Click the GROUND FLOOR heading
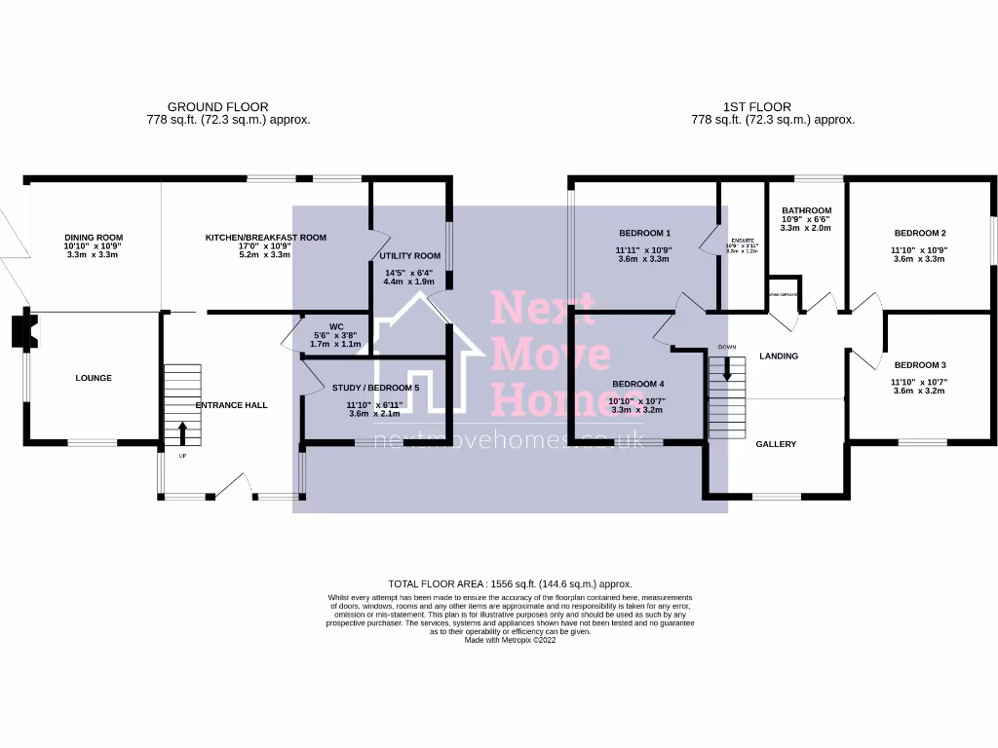(x=218, y=107)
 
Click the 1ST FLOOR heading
(x=757, y=107)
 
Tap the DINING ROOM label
(x=94, y=238)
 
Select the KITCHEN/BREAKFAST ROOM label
(x=265, y=238)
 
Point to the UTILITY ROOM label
(x=410, y=256)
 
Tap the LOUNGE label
(x=94, y=378)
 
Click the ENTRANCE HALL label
(x=231, y=405)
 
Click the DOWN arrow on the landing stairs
(x=726, y=369)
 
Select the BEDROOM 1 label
(x=645, y=234)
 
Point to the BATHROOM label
(x=806, y=211)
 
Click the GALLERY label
(x=776, y=444)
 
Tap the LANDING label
(x=779, y=356)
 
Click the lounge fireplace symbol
(x=22, y=331)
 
